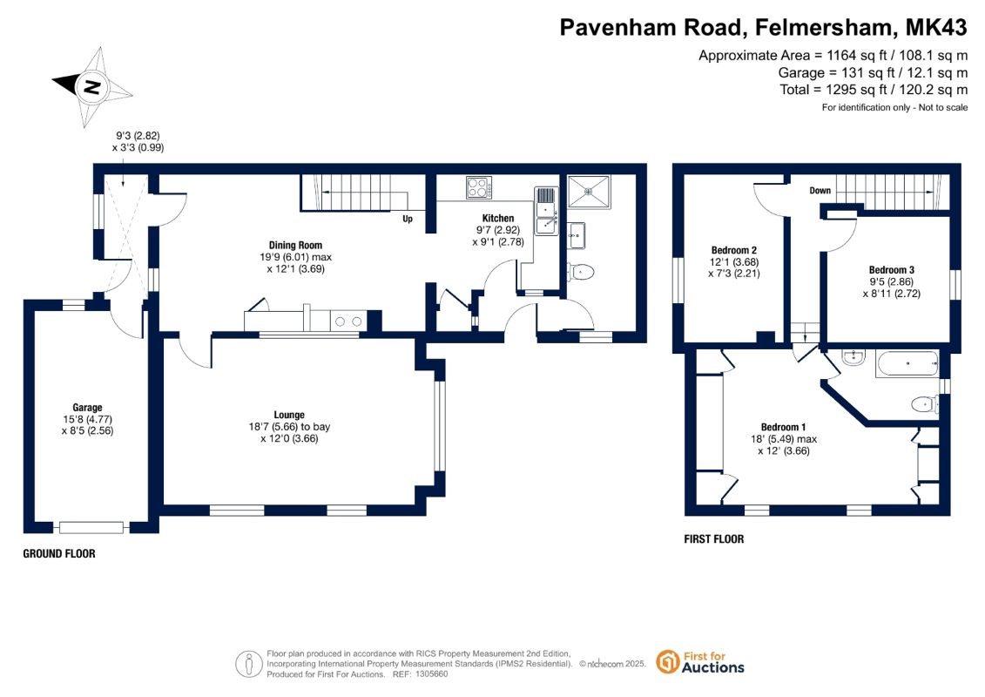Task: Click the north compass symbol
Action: click(x=92, y=87)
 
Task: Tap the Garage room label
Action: click(x=87, y=407)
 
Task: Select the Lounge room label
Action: click(x=289, y=415)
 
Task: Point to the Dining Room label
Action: click(x=295, y=245)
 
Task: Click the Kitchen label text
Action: click(x=498, y=218)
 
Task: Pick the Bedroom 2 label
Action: click(x=733, y=250)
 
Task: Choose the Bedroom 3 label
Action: click(x=892, y=270)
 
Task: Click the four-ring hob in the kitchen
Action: click(x=479, y=187)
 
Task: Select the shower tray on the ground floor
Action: click(x=589, y=192)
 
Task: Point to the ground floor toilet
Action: click(x=580, y=272)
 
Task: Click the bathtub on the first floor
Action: click(x=907, y=364)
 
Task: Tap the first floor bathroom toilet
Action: click(x=925, y=403)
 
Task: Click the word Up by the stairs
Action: click(x=408, y=219)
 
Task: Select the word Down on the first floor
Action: click(x=820, y=191)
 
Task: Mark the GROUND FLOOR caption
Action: click(x=59, y=554)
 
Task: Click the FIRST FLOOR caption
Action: click(x=713, y=539)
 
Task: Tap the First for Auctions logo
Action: click(x=700, y=662)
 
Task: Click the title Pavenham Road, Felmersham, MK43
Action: click(x=763, y=28)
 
